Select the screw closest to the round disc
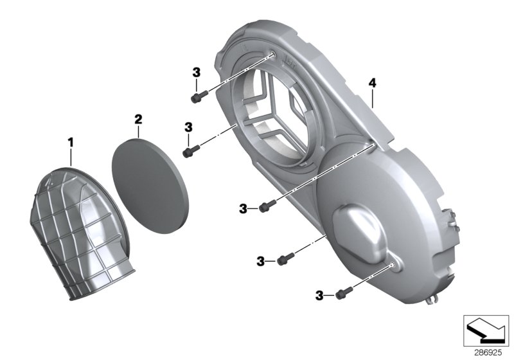click(x=190, y=152)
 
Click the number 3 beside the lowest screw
click(x=319, y=295)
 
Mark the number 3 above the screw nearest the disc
click(x=188, y=127)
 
